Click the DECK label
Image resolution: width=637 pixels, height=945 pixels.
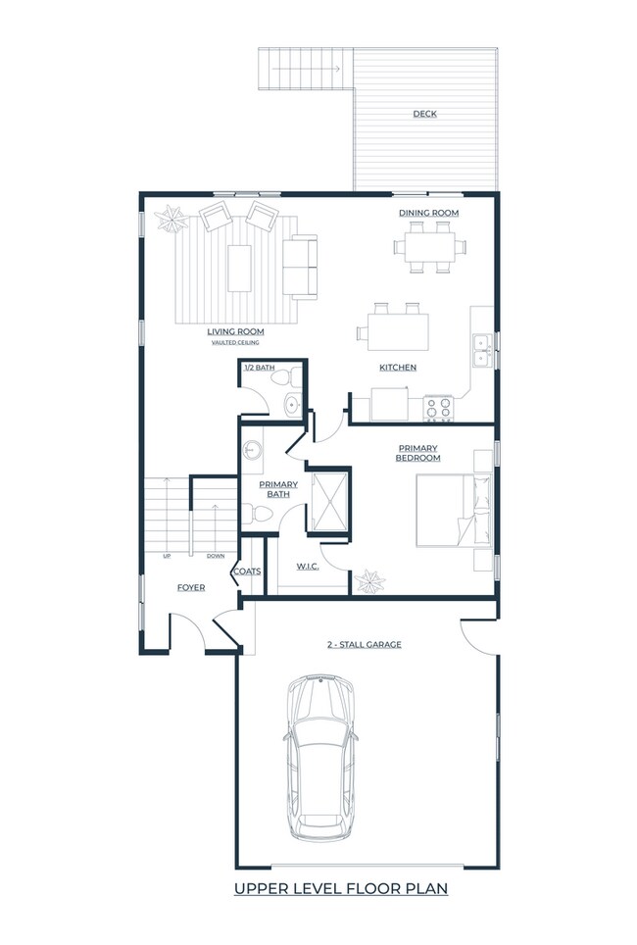click(x=424, y=114)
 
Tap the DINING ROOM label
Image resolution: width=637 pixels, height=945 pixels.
click(x=428, y=213)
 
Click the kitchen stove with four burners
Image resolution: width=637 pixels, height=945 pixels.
click(x=437, y=408)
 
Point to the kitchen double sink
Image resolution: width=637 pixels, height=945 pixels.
click(x=481, y=350)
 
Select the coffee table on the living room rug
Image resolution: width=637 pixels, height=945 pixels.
click(x=239, y=268)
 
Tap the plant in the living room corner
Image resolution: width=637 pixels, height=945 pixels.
click(x=172, y=220)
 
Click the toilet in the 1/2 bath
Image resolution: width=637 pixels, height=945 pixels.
click(x=279, y=377)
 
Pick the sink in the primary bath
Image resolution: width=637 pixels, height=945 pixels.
click(x=253, y=451)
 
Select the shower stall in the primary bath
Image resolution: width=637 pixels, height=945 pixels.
click(x=328, y=499)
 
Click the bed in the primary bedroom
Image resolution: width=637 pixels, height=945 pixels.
click(x=451, y=510)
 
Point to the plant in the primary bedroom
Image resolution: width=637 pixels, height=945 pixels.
click(x=370, y=581)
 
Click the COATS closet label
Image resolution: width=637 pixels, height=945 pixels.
click(x=246, y=571)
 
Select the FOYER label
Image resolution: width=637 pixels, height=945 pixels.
click(x=190, y=588)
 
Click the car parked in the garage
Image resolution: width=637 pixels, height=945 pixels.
click(x=320, y=757)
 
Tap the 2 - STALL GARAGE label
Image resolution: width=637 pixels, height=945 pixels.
click(x=364, y=645)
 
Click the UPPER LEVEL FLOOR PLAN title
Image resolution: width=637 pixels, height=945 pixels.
click(x=340, y=889)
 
